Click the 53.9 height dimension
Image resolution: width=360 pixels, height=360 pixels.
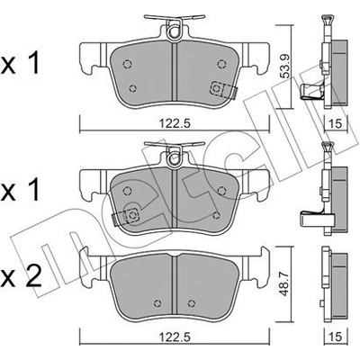tap(285, 66)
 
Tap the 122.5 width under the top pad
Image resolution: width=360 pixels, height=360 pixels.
tap(175, 123)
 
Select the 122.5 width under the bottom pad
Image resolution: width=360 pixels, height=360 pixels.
tap(175, 346)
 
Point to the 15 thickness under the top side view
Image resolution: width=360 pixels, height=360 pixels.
tap(337, 123)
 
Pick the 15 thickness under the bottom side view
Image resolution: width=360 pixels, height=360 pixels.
tap(337, 346)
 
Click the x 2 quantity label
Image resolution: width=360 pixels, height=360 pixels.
tap(21, 276)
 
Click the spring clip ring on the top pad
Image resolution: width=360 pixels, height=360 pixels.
tap(175, 32)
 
